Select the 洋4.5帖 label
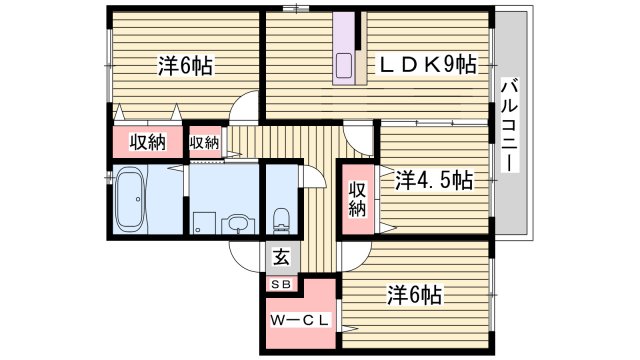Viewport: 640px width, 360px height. click(433, 181)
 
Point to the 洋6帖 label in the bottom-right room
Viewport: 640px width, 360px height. click(415, 295)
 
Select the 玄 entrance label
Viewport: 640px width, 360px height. click(281, 256)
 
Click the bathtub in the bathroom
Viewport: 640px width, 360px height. click(129, 199)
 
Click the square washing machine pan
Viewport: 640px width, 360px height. click(203, 224)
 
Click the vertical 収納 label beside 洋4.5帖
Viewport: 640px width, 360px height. click(357, 199)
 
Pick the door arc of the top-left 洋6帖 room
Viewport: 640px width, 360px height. click(244, 113)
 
